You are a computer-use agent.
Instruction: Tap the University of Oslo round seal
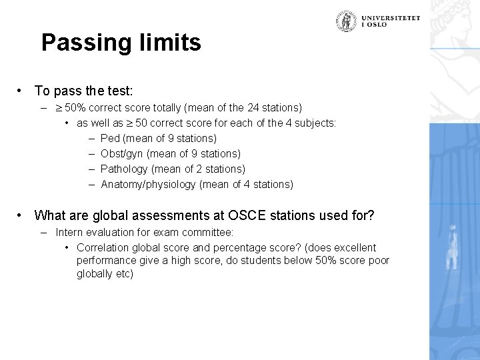345,21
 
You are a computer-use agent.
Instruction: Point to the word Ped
110,138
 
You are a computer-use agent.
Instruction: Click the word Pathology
123,169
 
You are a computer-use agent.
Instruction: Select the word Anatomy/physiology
149,184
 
